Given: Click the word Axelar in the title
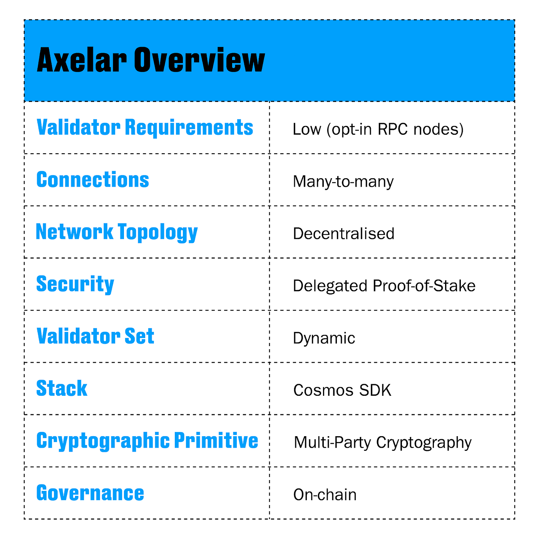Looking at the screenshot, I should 82,60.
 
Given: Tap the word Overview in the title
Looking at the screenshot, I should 199,60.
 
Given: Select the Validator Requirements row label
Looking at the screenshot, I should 145,127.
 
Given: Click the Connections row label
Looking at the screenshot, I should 92,180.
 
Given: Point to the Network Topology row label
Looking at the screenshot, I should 116,232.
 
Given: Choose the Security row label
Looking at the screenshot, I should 75,284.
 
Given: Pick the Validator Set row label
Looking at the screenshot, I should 95,336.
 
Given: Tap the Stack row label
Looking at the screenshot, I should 62,388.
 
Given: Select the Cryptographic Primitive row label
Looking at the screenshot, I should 147,440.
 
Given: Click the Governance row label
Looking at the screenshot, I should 90,493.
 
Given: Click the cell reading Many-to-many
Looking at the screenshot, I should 343,181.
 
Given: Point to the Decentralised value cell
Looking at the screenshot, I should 343,234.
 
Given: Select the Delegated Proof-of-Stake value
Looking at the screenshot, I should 384,286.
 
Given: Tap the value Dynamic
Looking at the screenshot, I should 324,338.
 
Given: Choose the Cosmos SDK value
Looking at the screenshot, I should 342,390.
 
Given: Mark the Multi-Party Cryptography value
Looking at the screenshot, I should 382,442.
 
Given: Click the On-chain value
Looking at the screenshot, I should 325,495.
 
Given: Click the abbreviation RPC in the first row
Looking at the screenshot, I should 392,129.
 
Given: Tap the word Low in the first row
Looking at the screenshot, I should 306,129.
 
